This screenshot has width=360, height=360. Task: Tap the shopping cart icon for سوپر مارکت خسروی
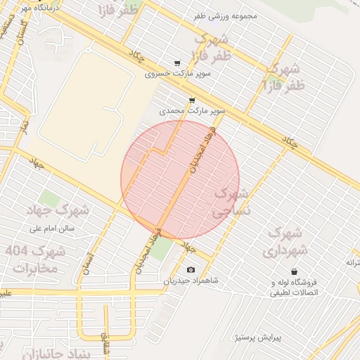point(176,63)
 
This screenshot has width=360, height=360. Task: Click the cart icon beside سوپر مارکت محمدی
point(192,101)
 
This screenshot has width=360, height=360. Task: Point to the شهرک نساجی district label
point(231,200)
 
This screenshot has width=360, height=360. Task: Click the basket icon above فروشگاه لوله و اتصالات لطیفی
point(293,272)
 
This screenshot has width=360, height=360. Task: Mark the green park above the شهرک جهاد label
point(49,198)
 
